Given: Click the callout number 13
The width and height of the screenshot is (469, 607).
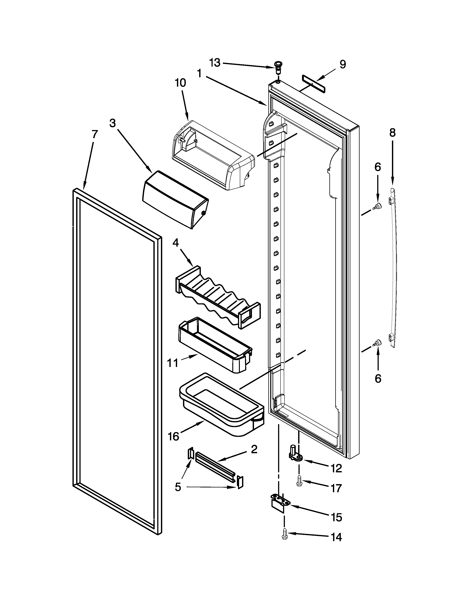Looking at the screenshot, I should point(215,63).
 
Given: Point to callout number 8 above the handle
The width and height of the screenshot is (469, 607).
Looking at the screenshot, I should point(392,133).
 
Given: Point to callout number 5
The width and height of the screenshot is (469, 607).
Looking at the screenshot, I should point(178,487).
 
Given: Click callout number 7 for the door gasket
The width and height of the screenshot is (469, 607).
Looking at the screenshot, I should point(95,134).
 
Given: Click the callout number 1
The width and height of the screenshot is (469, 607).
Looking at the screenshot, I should point(199,73).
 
